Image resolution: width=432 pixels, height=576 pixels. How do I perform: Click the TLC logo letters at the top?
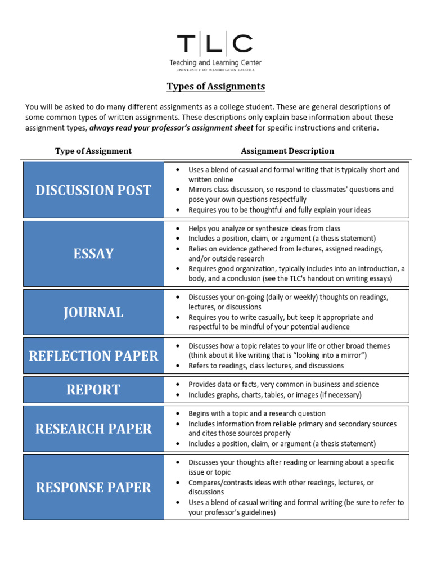[x=215, y=44]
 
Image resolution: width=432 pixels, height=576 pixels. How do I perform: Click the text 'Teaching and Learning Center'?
[x=215, y=63]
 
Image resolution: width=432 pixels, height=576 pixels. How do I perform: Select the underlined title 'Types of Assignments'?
[x=215, y=87]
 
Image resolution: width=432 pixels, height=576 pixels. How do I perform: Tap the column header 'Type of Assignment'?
[x=93, y=151]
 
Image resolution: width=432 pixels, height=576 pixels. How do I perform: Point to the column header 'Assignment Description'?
[x=287, y=151]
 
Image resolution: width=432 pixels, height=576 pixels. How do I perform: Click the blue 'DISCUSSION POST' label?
[x=93, y=190]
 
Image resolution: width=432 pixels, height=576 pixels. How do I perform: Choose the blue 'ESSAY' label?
[x=93, y=254]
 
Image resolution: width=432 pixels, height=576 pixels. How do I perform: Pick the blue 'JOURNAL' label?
[x=93, y=313]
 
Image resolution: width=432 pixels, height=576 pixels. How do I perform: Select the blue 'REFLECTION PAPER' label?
[x=93, y=356]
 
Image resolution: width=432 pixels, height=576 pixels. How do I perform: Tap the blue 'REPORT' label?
[x=93, y=390]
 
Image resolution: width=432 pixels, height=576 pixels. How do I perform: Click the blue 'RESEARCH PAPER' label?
[x=93, y=429]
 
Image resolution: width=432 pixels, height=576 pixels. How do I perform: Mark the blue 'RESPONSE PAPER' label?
[x=93, y=487]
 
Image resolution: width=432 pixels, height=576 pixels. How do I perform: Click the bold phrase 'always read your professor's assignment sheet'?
[x=172, y=128]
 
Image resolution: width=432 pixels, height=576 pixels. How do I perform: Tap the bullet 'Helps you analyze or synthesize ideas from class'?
[x=264, y=228]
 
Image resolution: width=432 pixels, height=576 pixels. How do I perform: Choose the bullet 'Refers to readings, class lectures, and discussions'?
[x=266, y=366]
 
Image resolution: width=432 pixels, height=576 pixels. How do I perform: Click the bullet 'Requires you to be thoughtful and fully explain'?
[x=280, y=210]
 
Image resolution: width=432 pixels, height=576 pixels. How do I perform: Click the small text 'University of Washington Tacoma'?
[x=215, y=70]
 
